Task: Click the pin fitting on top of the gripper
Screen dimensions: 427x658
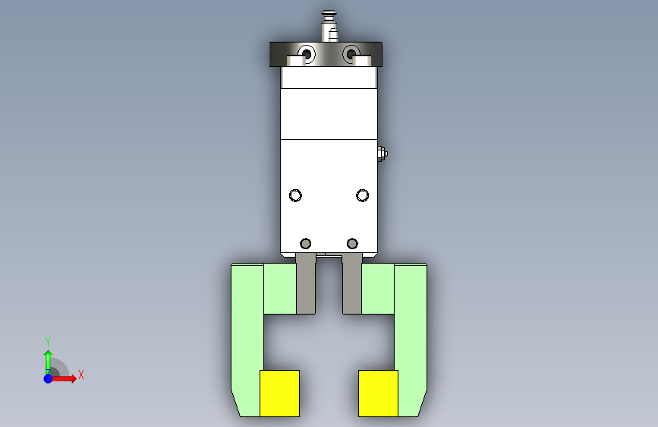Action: coord(330,27)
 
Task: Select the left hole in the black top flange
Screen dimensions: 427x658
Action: coord(307,54)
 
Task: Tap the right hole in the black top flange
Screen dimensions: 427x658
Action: coord(350,54)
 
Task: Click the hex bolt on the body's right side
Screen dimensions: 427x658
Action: coord(383,155)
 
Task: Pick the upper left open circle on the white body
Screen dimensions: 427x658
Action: coord(296,195)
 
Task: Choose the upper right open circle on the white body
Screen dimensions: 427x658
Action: coord(363,195)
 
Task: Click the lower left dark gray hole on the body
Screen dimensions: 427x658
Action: coord(306,243)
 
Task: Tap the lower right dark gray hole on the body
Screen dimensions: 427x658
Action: coord(351,243)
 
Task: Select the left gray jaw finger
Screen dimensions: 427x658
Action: coord(306,284)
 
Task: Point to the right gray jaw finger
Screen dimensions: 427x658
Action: coord(352,284)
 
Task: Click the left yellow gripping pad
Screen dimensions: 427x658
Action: coord(279,393)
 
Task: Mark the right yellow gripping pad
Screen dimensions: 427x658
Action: coord(378,393)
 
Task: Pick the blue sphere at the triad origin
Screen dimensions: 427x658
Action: coord(48,378)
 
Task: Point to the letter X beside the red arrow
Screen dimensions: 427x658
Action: coord(80,375)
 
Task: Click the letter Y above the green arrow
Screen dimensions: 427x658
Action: coord(48,341)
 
